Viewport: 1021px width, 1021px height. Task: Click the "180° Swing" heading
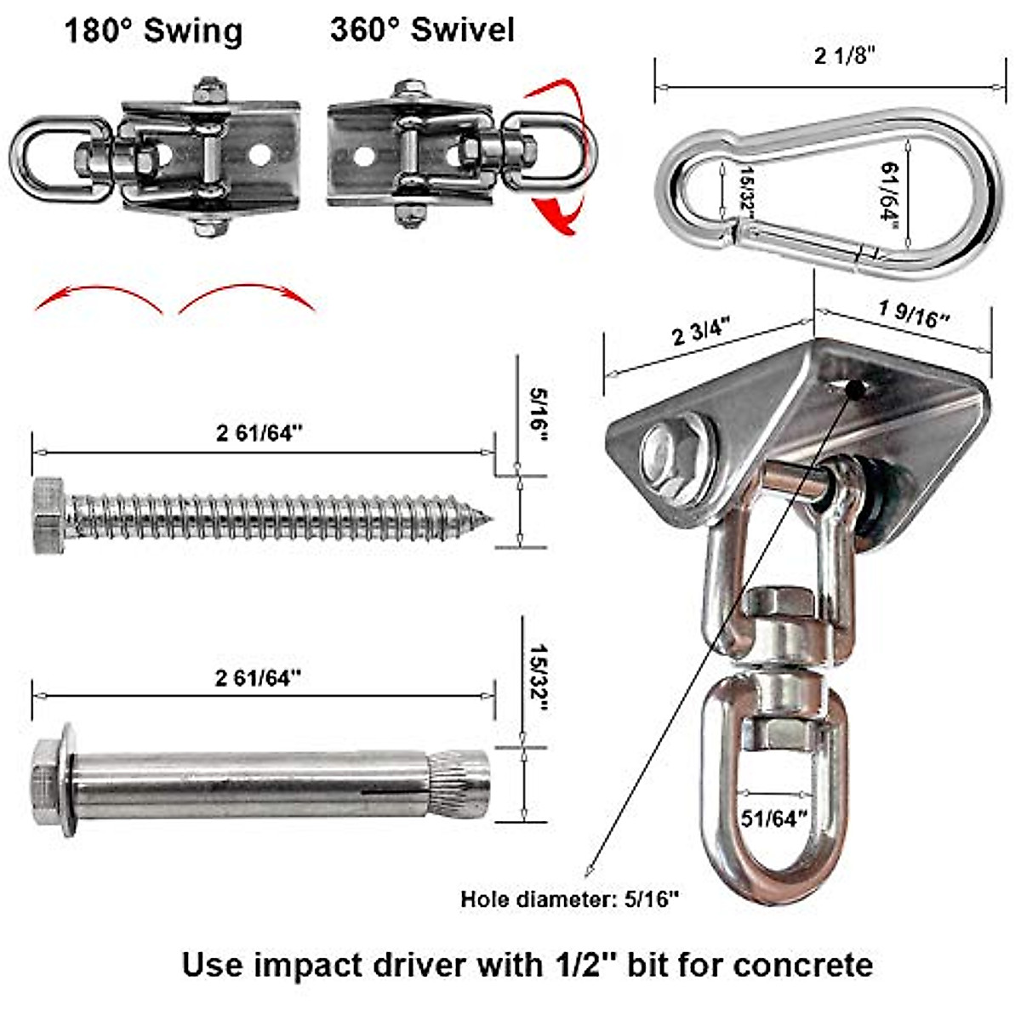(x=153, y=31)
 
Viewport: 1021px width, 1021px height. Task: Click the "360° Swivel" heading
(x=423, y=30)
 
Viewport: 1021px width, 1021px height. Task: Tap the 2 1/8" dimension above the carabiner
(x=844, y=56)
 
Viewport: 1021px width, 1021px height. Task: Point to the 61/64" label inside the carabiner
(x=890, y=192)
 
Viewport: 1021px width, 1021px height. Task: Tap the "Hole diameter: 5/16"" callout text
(x=570, y=898)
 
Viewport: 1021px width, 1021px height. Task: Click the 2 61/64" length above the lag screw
(x=260, y=433)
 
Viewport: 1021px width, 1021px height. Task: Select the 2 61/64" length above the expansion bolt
(x=260, y=677)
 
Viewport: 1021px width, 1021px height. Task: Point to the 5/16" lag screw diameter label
(x=538, y=415)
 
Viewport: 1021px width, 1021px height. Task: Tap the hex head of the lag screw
(x=48, y=516)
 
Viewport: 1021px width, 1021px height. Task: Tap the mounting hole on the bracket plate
(x=855, y=388)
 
